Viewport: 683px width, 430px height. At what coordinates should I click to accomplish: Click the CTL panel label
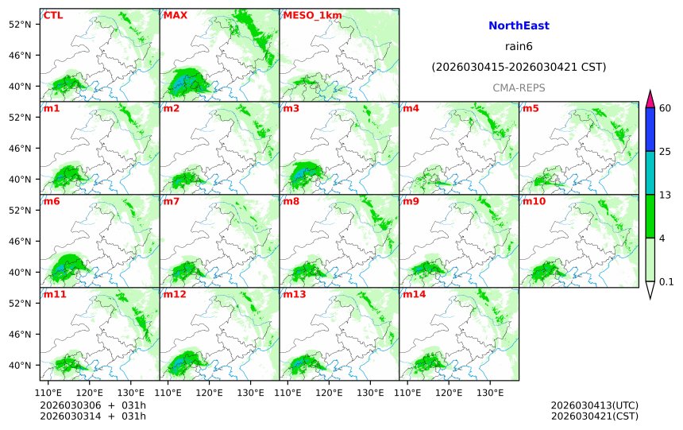point(53,15)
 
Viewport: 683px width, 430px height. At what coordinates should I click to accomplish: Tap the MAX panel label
point(175,15)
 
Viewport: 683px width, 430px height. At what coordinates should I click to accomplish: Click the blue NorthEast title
point(519,26)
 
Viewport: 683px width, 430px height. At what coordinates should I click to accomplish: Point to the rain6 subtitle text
point(519,47)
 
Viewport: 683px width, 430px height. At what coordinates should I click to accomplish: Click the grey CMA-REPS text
point(519,87)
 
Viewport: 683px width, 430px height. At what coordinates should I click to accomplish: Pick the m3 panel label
point(291,108)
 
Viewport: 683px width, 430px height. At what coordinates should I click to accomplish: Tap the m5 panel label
point(531,108)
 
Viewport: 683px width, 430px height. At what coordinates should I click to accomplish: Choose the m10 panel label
point(534,201)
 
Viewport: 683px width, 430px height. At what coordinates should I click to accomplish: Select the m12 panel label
point(175,294)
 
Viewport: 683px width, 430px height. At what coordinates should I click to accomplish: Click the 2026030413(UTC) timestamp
point(594,405)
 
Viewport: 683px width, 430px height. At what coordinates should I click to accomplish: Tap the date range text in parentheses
point(519,68)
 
